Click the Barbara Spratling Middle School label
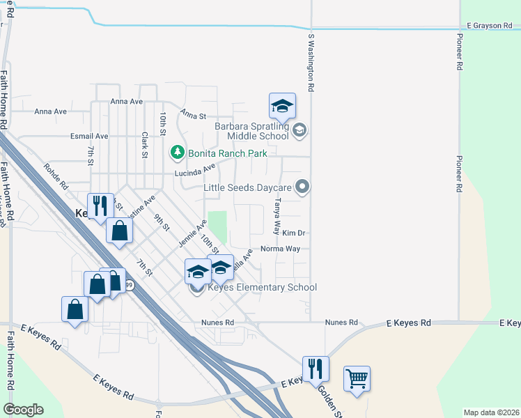(251, 131)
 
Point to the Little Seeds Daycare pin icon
(302, 186)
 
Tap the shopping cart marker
(357, 379)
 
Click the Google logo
(23, 410)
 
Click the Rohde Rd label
(54, 177)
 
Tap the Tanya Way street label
(277, 209)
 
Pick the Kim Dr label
(294, 233)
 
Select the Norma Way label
(280, 248)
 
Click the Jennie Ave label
(193, 233)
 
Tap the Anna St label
(192, 114)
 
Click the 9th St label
(162, 222)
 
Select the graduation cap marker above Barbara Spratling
(282, 107)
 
